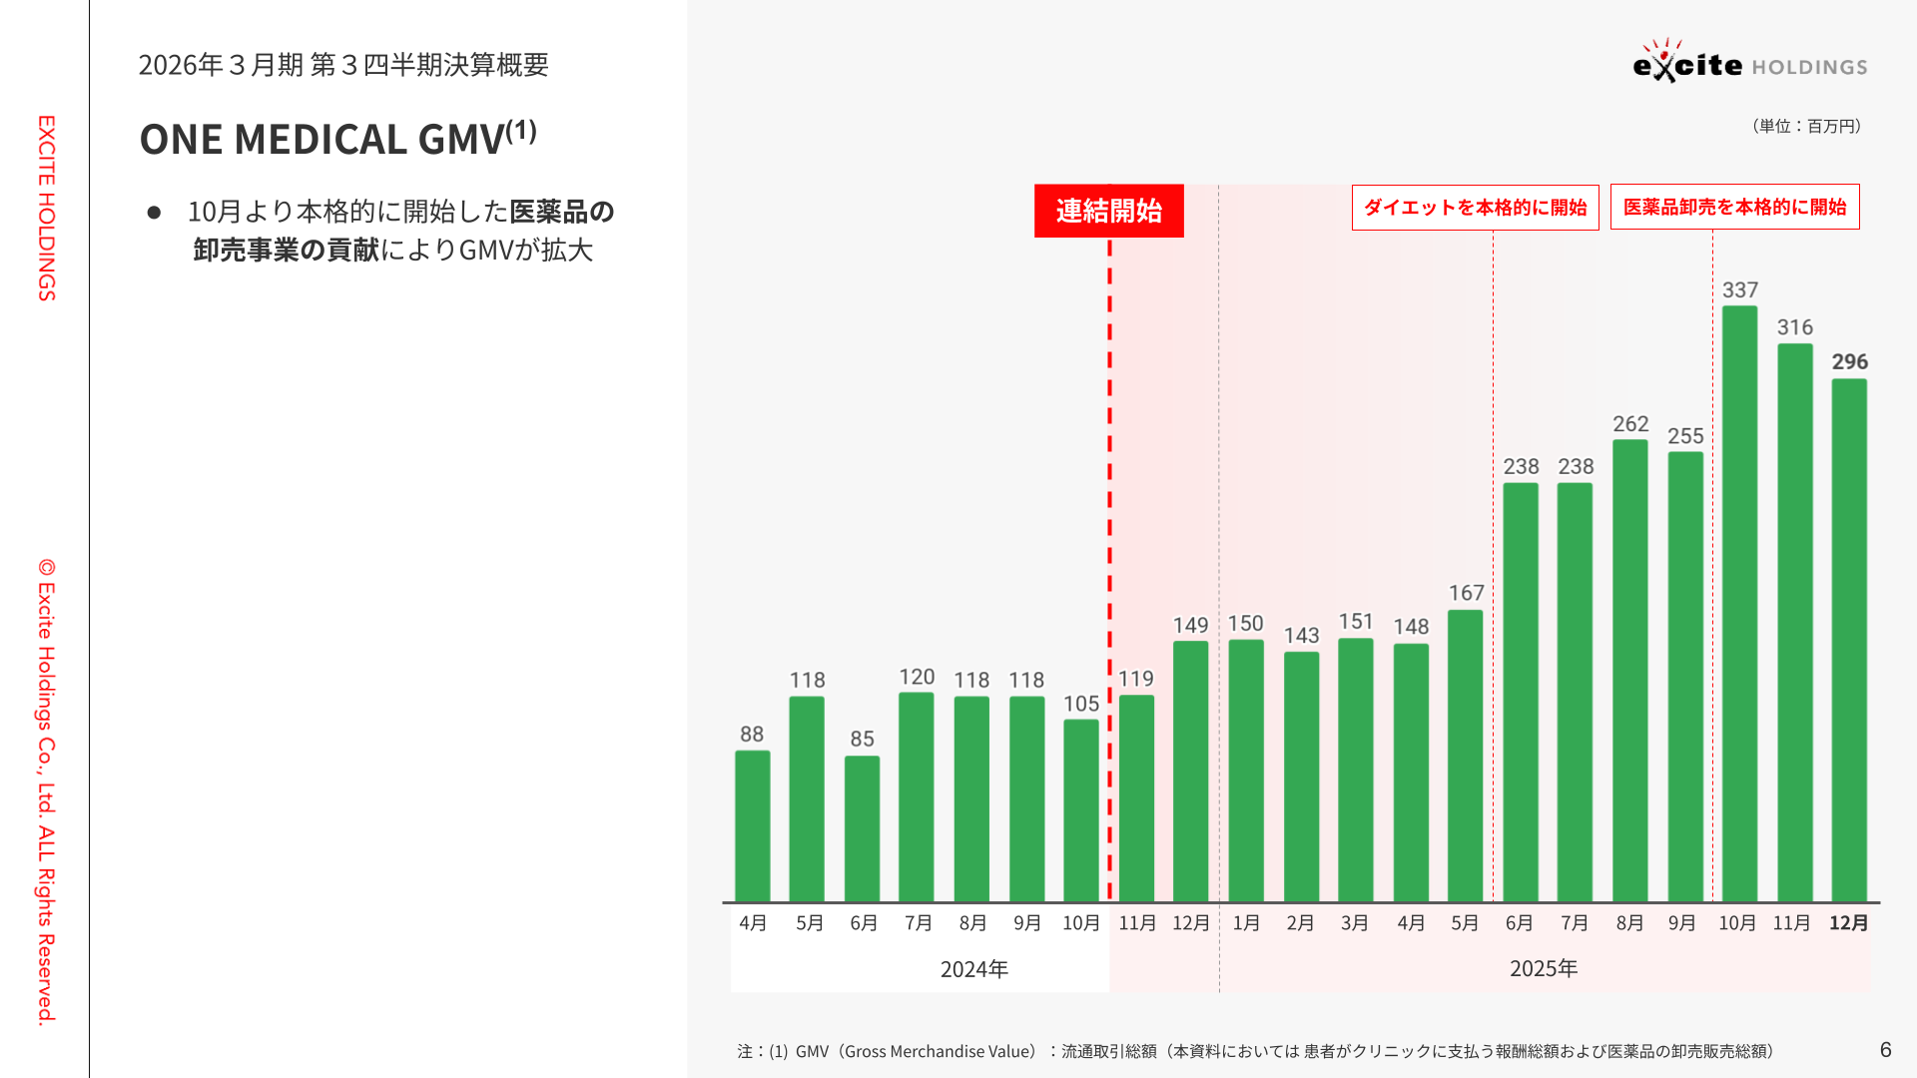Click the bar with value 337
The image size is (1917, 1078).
[1739, 604]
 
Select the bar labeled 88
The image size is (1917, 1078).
[752, 826]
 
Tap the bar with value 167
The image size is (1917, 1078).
[1465, 756]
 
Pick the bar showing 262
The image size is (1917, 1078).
[1629, 671]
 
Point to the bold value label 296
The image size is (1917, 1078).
[1849, 362]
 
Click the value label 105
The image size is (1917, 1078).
[1081, 704]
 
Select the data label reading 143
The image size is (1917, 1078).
[1301, 636]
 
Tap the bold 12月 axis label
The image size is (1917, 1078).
[1848, 923]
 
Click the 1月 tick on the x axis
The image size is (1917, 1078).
[1246, 923]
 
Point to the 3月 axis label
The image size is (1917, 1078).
[1355, 923]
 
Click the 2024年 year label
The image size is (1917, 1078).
[974, 969]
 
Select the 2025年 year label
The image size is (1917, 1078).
[1544, 969]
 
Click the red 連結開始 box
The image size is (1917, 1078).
[1108, 211]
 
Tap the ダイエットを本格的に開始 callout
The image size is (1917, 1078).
[1475, 208]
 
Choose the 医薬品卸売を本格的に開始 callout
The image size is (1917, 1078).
[1734, 208]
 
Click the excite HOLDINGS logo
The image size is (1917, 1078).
[1749, 64]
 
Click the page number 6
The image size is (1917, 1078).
[1885, 1049]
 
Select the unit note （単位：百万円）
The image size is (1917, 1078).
[1805, 126]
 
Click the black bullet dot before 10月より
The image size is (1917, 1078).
[154, 213]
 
